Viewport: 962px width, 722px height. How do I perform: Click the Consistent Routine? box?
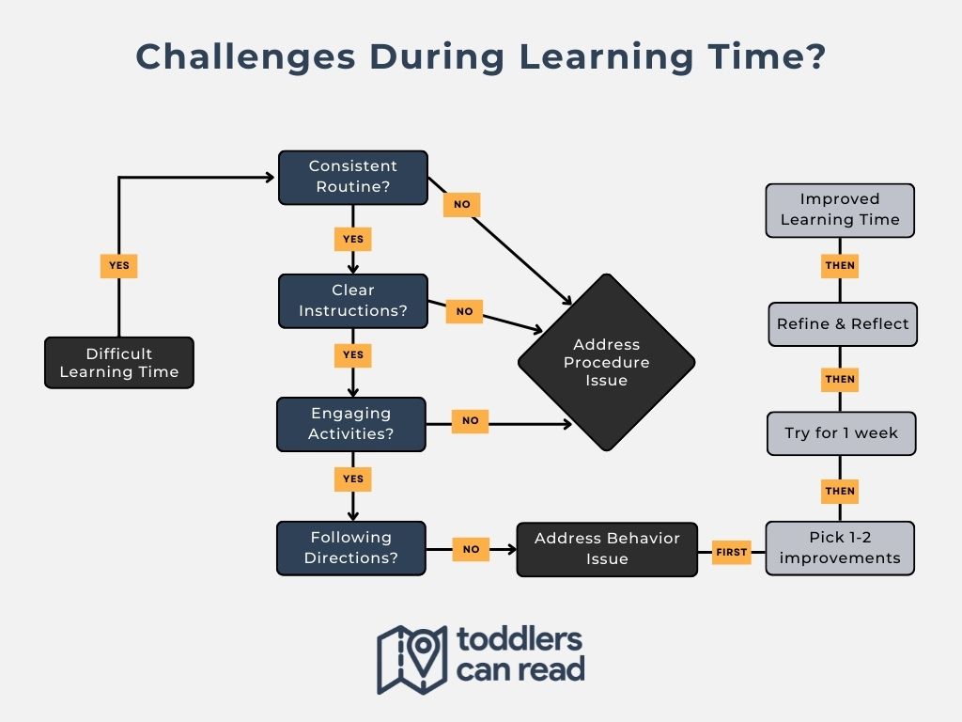coord(353,178)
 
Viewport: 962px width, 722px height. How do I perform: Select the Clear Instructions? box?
coord(353,301)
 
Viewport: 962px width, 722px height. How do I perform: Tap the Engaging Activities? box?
coord(351,424)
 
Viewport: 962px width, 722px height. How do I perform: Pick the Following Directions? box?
coord(351,548)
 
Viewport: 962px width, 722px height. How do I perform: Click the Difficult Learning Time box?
coord(119,362)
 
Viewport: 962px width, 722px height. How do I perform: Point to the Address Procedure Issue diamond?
coord(606,362)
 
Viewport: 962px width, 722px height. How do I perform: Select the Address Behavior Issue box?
coord(607,549)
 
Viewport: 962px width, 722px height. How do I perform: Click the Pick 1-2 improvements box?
coord(840,548)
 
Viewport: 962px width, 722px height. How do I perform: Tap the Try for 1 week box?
coord(841,433)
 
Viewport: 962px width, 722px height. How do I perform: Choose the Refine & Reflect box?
coord(843,324)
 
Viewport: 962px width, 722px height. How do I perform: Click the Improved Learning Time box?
coord(840,210)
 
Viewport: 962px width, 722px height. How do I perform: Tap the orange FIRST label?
coord(731,552)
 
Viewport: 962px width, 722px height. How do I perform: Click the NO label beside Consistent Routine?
coord(462,204)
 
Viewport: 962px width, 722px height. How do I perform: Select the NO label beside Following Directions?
coord(472,549)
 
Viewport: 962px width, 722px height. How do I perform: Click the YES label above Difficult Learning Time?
coord(119,266)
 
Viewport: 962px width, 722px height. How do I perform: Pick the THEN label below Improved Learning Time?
coord(840,266)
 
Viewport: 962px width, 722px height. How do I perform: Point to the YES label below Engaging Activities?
coord(353,479)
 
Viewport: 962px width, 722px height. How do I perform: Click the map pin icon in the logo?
coord(423,652)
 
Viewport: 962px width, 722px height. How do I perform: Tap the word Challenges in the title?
coord(245,57)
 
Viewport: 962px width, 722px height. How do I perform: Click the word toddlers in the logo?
coord(519,639)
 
